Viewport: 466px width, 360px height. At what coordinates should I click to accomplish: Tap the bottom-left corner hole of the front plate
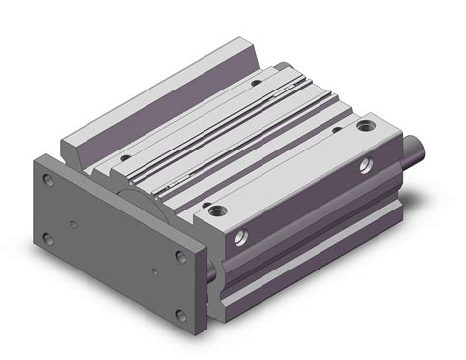47,236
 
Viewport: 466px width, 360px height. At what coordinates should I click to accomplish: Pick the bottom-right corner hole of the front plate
180,315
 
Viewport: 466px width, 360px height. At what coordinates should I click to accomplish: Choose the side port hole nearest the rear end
368,164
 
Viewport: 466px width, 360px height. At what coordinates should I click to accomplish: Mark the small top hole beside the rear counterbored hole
337,129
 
